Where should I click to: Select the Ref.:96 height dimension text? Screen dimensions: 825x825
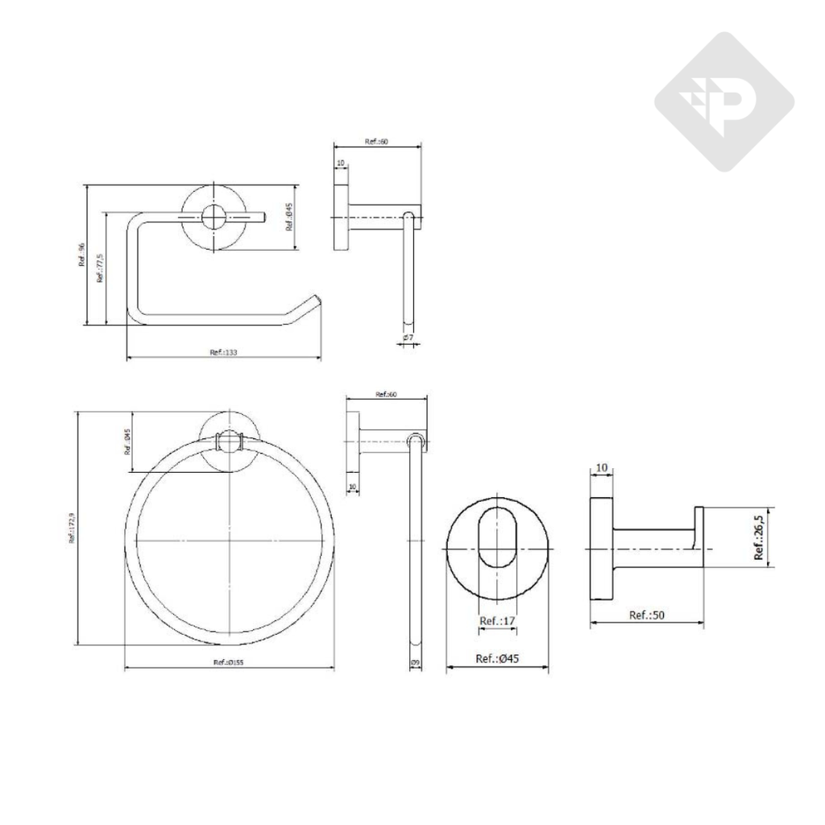[x=81, y=255]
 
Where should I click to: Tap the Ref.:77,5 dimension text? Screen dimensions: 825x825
[x=100, y=268]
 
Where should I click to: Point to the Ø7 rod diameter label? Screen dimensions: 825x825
[x=408, y=337]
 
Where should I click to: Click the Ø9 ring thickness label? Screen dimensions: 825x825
[x=414, y=662]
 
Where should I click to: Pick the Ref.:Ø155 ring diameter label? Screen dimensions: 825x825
[x=229, y=662]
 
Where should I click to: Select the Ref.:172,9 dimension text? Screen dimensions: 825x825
[x=72, y=528]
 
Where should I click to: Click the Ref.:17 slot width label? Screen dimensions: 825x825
[x=497, y=621]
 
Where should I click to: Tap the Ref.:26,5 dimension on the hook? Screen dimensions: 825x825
[x=759, y=538]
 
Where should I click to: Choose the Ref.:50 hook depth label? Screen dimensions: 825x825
[x=647, y=615]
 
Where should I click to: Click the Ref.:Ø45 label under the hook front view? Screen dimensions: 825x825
[x=497, y=658]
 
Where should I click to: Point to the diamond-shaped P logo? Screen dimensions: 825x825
[x=723, y=102]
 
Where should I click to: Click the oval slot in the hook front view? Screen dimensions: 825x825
[x=497, y=538]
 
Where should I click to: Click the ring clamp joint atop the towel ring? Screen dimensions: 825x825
[x=230, y=440]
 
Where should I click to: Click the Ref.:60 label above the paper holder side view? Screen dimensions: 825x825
[x=376, y=141]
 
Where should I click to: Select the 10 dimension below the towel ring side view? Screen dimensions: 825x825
[x=352, y=486]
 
